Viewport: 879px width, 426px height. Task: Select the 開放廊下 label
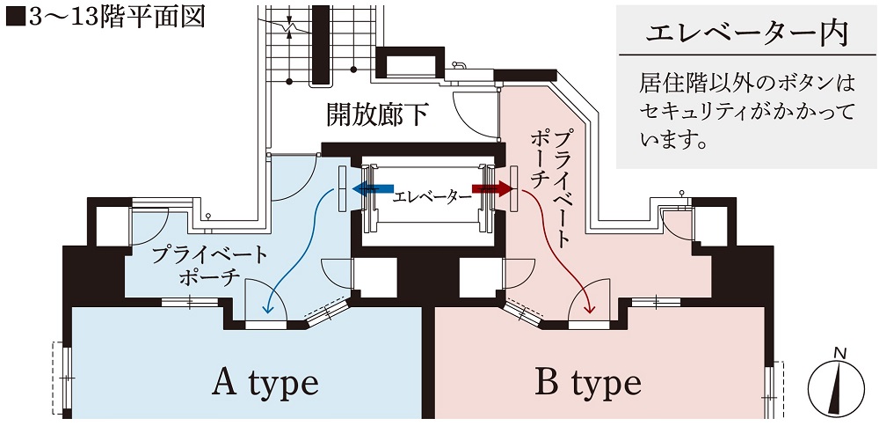point(377,115)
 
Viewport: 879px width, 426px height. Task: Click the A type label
point(265,383)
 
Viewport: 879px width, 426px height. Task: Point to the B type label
point(588,383)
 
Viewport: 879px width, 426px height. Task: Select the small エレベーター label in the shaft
point(432,196)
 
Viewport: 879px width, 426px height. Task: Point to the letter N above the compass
point(840,354)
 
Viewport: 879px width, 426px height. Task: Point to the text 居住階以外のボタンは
point(747,85)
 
